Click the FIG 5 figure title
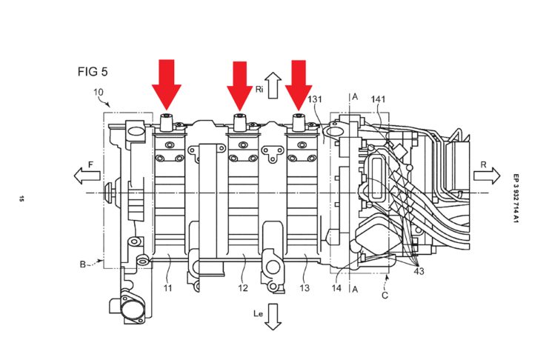click(93, 72)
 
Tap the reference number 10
click(99, 92)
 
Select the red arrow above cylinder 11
click(167, 84)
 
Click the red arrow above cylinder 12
click(240, 86)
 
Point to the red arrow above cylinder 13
click(299, 85)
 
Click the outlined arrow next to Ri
click(273, 85)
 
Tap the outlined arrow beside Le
click(273, 317)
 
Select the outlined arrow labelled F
click(87, 176)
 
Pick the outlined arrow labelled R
click(487, 176)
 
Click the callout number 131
click(314, 99)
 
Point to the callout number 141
click(378, 99)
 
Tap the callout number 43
click(419, 270)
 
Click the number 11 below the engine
click(167, 288)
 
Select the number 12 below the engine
click(243, 288)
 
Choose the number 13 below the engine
click(305, 288)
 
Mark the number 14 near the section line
click(336, 288)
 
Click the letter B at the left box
click(83, 264)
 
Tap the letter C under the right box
click(385, 296)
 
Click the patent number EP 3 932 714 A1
click(516, 199)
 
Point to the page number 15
click(21, 199)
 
